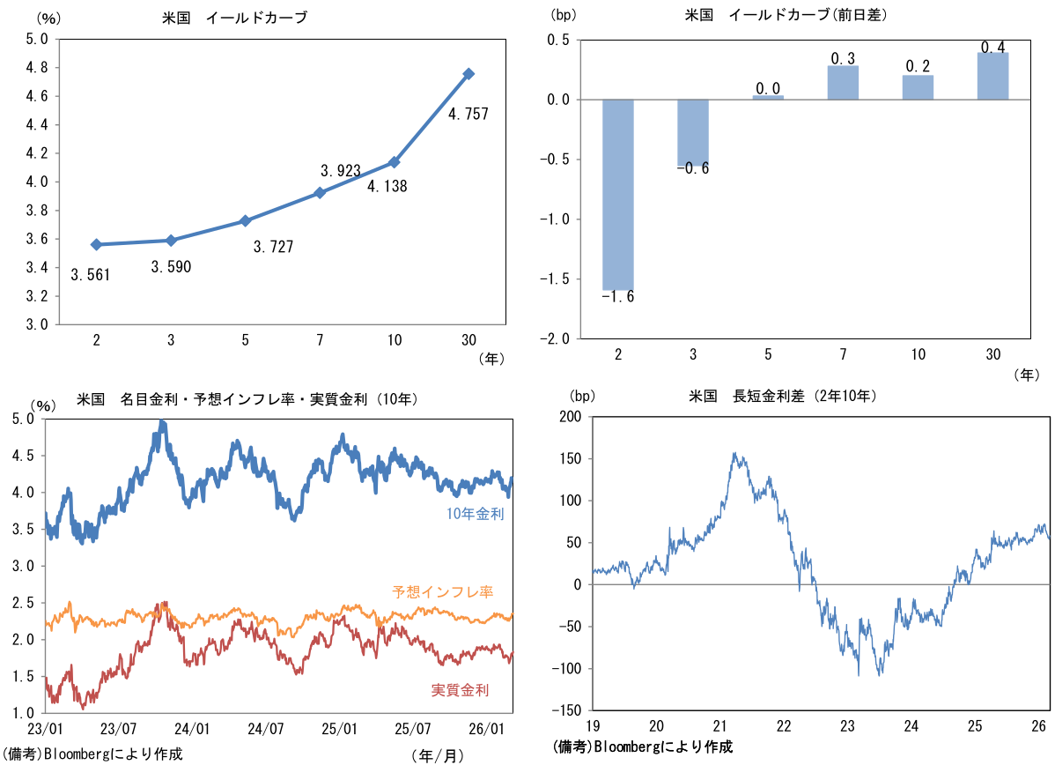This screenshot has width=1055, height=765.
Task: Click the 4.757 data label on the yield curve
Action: point(468,114)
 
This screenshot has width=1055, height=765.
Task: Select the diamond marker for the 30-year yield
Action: point(469,74)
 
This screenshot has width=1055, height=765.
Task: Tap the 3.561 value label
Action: point(91,275)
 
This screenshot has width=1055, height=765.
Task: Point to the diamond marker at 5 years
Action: point(245,220)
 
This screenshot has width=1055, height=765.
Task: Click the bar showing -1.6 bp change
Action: point(618,194)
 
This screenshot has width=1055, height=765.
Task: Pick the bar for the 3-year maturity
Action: point(693,133)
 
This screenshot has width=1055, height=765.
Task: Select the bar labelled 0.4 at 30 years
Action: point(993,76)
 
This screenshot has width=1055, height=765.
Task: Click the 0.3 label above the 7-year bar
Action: point(843,59)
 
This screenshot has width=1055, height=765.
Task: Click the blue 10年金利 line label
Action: point(476,514)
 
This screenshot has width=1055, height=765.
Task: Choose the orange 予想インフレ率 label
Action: point(442,591)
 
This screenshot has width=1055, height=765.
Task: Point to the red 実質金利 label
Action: point(461,690)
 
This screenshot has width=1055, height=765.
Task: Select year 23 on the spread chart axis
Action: point(847,726)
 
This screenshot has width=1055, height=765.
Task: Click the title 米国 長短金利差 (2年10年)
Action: point(783,397)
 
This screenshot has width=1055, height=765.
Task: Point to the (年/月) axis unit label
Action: point(437,754)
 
